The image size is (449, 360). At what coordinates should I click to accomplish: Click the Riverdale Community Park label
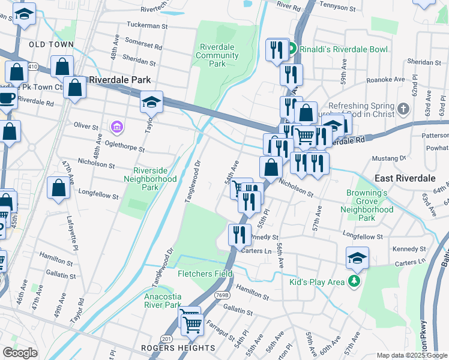pyautogui.click(x=218, y=56)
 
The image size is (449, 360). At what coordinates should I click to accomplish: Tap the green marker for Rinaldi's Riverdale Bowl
pyautogui.click(x=291, y=49)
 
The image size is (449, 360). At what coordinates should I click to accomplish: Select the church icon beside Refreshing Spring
pyautogui.click(x=403, y=109)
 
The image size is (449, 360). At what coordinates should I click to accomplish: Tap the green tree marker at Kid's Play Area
pyautogui.click(x=355, y=281)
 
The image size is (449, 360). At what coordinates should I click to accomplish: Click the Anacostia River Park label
pyautogui.click(x=163, y=301)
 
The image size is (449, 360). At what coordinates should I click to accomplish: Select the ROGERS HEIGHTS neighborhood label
pyautogui.click(x=178, y=348)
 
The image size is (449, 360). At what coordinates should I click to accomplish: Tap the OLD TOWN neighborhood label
pyautogui.click(x=51, y=44)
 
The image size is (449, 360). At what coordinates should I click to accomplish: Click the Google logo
pyautogui.click(x=20, y=352)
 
